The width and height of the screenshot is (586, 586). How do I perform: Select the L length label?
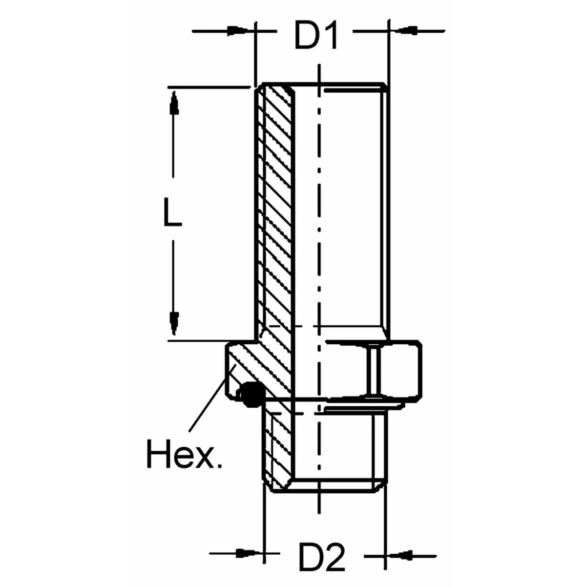172,213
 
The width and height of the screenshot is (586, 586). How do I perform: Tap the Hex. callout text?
184,454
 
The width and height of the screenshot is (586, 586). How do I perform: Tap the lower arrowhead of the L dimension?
173,320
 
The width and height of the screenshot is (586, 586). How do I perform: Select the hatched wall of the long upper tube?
276,205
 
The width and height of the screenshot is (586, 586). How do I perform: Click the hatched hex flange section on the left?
244,364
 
